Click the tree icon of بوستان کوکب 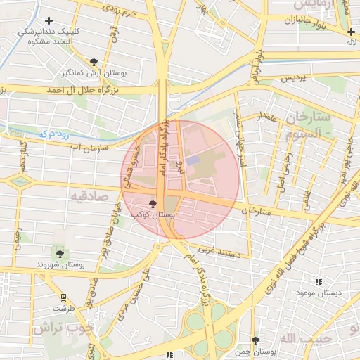[153, 203]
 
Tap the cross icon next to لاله [351, 32]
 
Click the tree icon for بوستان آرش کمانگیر [95, 62]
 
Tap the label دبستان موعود [319, 292]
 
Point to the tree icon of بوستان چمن [255, 340]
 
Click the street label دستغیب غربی [224, 249]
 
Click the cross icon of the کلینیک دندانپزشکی [49, 21]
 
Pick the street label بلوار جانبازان [289, 22]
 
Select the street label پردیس [295, 79]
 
